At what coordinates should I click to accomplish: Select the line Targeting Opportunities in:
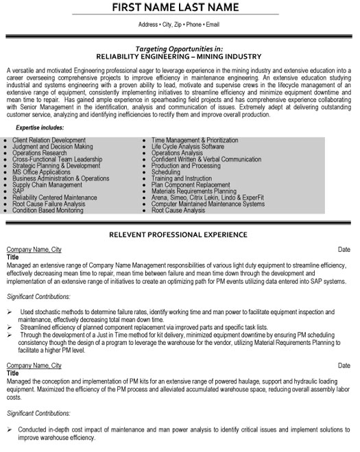point(180,49)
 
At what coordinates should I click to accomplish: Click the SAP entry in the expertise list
point(18,189)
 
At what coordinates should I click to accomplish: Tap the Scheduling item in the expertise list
point(165,172)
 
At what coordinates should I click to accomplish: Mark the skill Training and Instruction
point(182,178)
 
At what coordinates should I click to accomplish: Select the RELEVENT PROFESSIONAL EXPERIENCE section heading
point(180,235)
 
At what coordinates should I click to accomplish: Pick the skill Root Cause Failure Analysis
point(49,204)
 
